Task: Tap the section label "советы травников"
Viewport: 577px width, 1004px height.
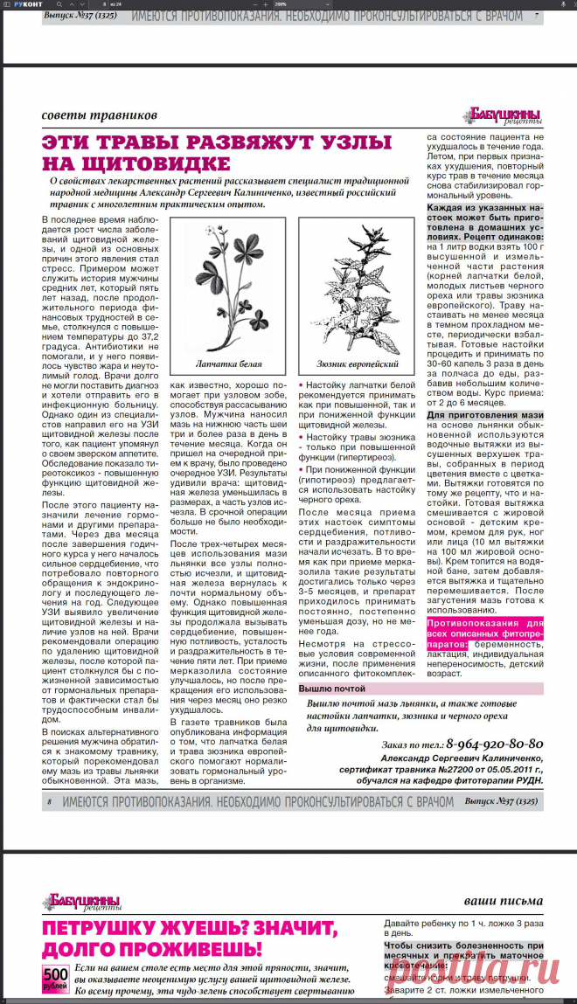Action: (x=100, y=114)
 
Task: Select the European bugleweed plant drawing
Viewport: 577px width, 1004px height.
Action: (x=356, y=288)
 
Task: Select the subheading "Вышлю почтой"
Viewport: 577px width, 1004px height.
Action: (x=332, y=689)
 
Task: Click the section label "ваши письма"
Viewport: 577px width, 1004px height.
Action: (x=503, y=900)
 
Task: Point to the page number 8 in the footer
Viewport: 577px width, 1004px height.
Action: (x=49, y=801)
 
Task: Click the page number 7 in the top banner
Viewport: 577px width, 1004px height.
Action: (x=536, y=16)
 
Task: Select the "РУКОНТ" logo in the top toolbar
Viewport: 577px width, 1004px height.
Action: (x=27, y=3)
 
